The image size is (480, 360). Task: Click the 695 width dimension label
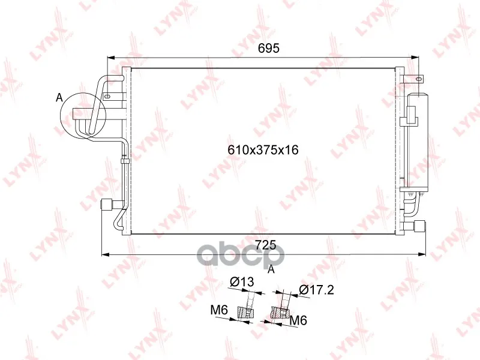click(x=269, y=48)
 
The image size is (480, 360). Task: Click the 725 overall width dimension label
click(x=266, y=245)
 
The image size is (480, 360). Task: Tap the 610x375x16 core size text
click(x=263, y=150)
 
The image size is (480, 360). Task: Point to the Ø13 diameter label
click(x=242, y=281)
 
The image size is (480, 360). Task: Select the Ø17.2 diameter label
click(x=317, y=289)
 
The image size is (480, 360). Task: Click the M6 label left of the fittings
click(x=219, y=310)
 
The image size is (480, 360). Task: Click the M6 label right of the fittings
click(x=298, y=320)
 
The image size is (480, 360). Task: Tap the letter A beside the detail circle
click(x=59, y=98)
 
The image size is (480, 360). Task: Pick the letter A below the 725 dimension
click(x=271, y=269)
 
